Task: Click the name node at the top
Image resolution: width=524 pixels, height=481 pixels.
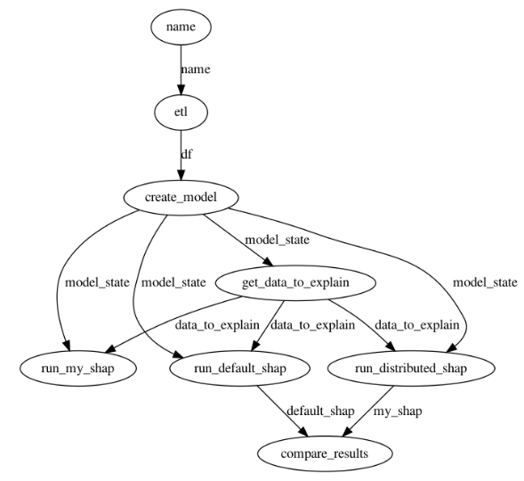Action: [181, 27]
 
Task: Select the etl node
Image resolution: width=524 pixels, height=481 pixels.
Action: [181, 112]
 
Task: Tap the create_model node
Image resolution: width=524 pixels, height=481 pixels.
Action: [181, 198]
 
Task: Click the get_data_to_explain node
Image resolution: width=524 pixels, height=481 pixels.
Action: [295, 282]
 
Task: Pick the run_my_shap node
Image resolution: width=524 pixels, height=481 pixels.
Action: [78, 368]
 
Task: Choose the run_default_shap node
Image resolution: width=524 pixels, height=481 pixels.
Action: [240, 368]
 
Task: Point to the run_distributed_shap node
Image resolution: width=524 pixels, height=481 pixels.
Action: [411, 368]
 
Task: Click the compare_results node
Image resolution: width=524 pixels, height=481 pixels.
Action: [325, 454]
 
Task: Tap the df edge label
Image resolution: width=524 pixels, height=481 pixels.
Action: [187, 154]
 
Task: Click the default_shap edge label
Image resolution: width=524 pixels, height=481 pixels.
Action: [320, 412]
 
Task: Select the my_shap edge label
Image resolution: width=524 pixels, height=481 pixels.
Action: [398, 412]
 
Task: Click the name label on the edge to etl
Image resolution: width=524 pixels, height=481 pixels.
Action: [196, 69]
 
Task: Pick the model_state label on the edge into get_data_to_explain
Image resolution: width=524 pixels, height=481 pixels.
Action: [278, 240]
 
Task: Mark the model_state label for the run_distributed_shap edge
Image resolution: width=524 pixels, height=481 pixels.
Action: [485, 283]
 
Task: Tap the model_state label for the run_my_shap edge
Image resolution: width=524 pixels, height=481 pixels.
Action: [97, 283]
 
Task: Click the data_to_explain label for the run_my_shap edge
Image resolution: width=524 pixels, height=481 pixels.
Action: [217, 325]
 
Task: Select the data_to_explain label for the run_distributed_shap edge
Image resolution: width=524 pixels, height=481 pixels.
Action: [416, 325]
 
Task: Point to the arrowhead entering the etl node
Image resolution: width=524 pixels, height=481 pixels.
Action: [181, 90]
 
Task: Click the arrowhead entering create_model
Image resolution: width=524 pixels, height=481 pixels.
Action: [181, 175]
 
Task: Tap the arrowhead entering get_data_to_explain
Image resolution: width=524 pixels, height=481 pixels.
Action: [268, 262]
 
